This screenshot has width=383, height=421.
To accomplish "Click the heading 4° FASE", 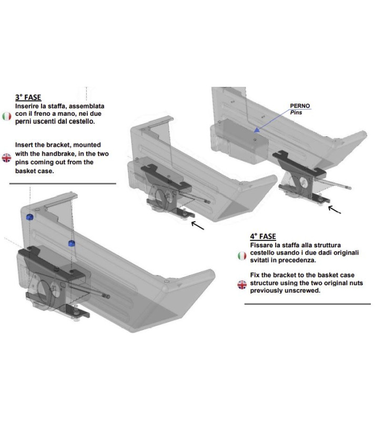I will coord(263,236).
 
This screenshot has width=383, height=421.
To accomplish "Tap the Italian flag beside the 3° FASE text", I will coord(7,116).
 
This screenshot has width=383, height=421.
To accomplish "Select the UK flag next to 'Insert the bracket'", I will coord(7,157).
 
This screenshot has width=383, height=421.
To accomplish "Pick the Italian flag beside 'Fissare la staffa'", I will coord(241,255).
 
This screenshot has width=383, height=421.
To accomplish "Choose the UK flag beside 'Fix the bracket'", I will coord(241,285).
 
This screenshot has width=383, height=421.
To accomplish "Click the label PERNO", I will coord(300,106).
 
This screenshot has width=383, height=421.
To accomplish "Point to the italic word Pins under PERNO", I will coord(297,112).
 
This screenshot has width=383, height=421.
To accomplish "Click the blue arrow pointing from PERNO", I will coord(274,122).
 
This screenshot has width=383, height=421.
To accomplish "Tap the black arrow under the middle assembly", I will coord(198,225).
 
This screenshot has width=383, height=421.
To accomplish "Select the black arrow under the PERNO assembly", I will coord(334,209).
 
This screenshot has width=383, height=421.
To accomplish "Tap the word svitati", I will coord(262,260).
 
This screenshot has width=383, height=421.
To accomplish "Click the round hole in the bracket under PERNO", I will coord(305,182).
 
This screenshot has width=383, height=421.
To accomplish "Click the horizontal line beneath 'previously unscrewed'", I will coord(307,304).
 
